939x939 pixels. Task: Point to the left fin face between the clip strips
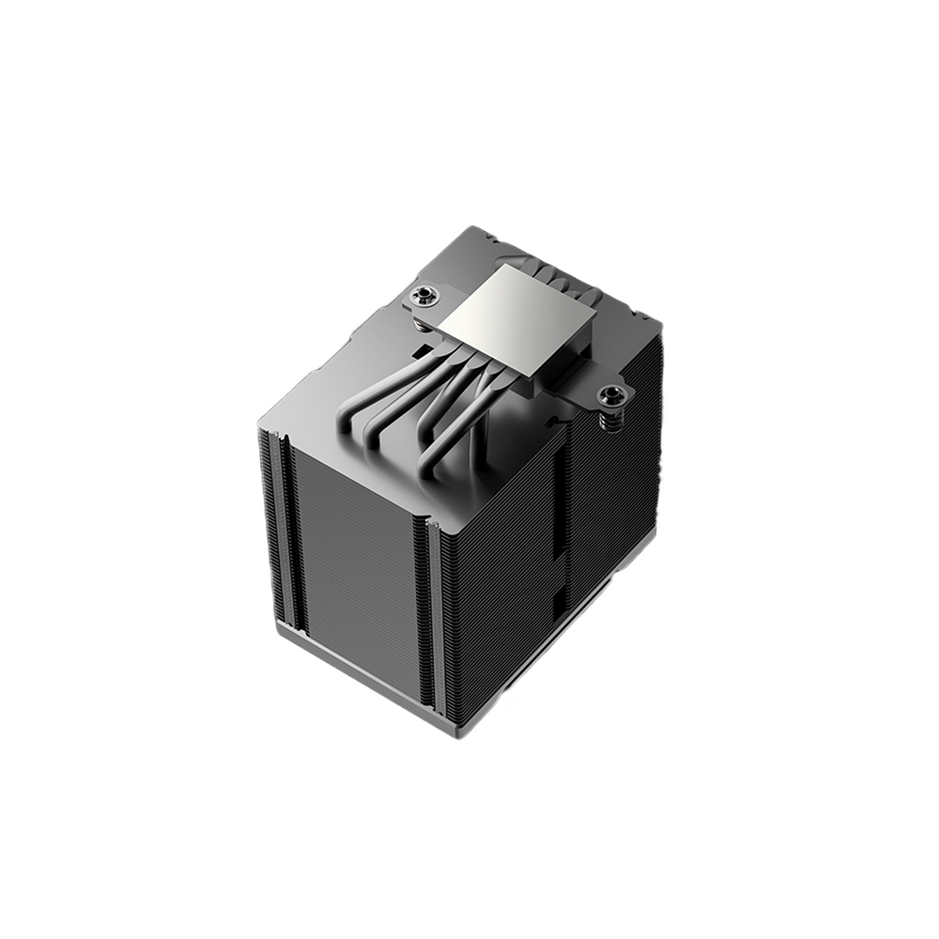357,554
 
